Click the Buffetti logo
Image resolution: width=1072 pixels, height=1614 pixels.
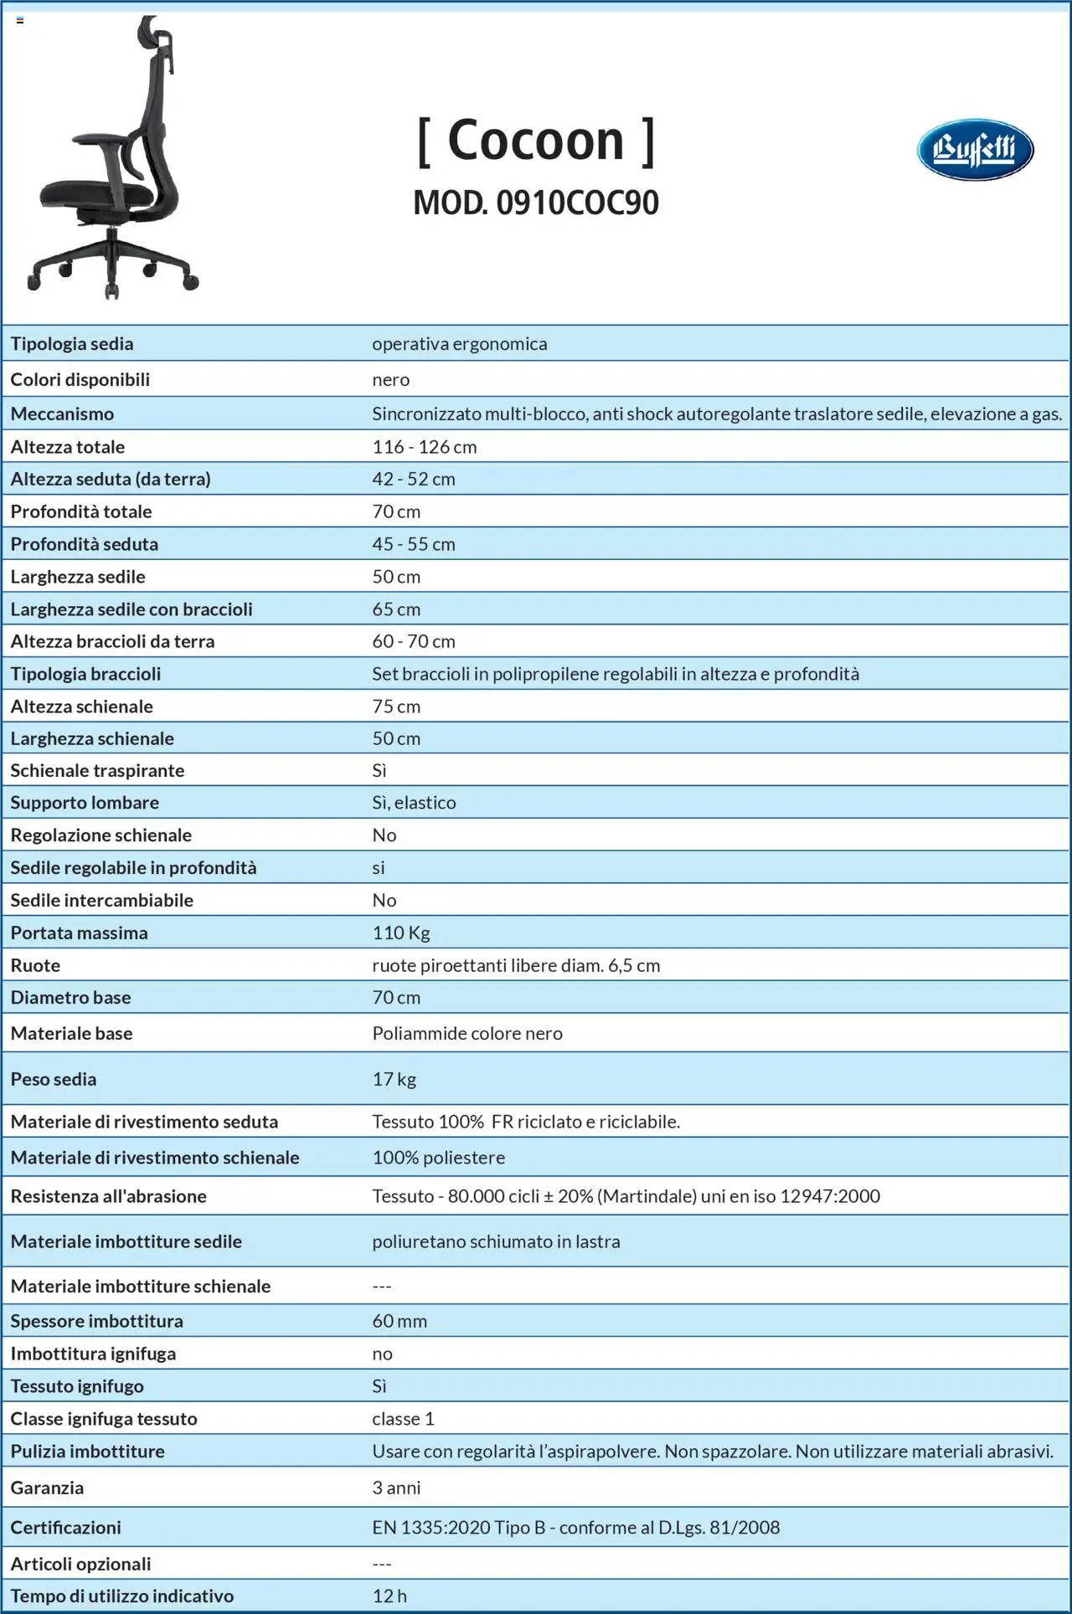tap(975, 151)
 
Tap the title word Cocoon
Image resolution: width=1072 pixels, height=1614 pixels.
tap(536, 140)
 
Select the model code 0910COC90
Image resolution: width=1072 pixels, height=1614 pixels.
tap(577, 203)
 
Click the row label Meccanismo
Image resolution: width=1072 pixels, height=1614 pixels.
tap(62, 414)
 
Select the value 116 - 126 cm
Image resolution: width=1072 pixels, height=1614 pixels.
tap(425, 447)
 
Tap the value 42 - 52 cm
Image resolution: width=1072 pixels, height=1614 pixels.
tap(414, 479)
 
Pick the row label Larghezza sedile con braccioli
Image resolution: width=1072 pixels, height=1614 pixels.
tap(131, 609)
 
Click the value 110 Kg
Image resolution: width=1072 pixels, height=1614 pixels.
tap(401, 933)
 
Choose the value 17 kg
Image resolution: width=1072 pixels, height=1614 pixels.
tap(394, 1079)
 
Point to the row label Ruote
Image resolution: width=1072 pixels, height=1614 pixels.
tap(35, 965)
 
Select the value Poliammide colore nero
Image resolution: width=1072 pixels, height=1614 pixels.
tap(467, 1033)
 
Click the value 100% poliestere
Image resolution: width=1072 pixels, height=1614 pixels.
tap(439, 1158)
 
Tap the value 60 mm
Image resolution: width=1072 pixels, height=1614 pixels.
tap(399, 1321)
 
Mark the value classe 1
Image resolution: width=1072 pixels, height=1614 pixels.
tap(403, 1419)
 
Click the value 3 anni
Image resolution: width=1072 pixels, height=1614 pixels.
tap(396, 1488)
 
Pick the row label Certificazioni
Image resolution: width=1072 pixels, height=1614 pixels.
tap(65, 1528)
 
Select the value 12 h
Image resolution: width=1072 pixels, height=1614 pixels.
tap(389, 1596)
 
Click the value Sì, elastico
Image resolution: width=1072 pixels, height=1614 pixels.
tap(414, 803)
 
